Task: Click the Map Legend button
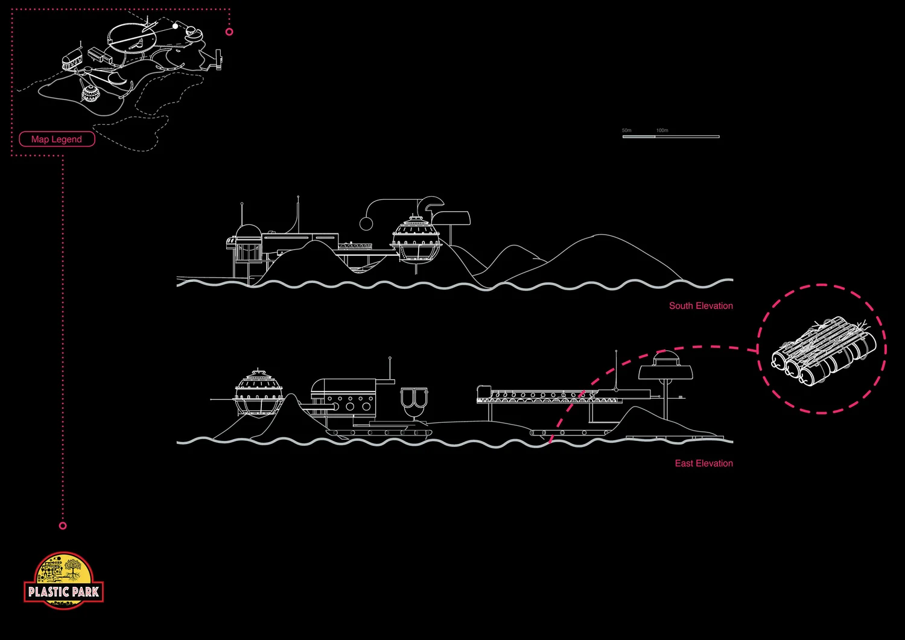tap(57, 139)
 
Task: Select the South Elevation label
tap(700, 306)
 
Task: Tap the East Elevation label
tap(703, 463)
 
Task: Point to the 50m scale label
tap(627, 130)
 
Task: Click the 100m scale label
tap(662, 130)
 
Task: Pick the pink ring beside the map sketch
tap(229, 31)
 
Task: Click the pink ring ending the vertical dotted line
tap(63, 526)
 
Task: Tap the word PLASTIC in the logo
tap(48, 592)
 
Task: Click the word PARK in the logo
tap(85, 592)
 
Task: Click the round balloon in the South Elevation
tap(366, 224)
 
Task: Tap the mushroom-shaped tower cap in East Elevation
tap(665, 369)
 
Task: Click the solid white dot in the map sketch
tap(176, 26)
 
